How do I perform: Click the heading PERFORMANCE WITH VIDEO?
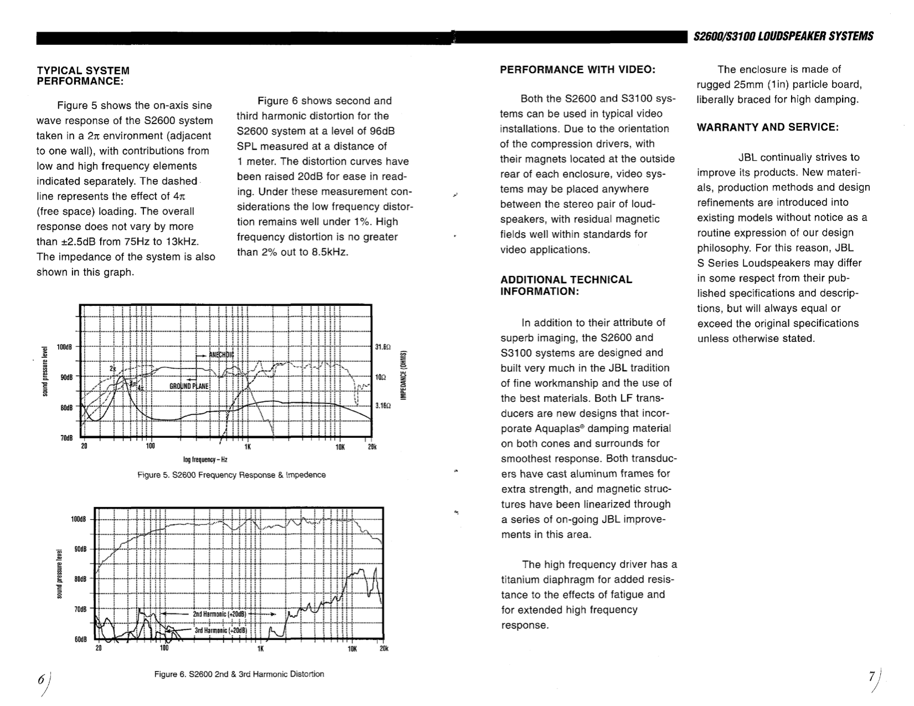click(578, 70)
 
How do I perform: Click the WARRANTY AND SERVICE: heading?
click(768, 127)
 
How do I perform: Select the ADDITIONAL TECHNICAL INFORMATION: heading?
click(566, 285)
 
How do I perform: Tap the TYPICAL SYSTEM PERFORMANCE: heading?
click(83, 76)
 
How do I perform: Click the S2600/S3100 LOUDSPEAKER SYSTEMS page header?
click(783, 37)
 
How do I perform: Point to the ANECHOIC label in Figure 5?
click(221, 355)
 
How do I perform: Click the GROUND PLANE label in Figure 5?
click(189, 386)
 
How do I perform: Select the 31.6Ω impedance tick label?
click(383, 347)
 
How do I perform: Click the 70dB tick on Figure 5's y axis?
click(66, 438)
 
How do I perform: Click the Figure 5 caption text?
click(232, 475)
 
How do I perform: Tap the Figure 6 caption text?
click(239, 674)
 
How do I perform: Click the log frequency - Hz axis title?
click(206, 459)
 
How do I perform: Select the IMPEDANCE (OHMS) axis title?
click(404, 375)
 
